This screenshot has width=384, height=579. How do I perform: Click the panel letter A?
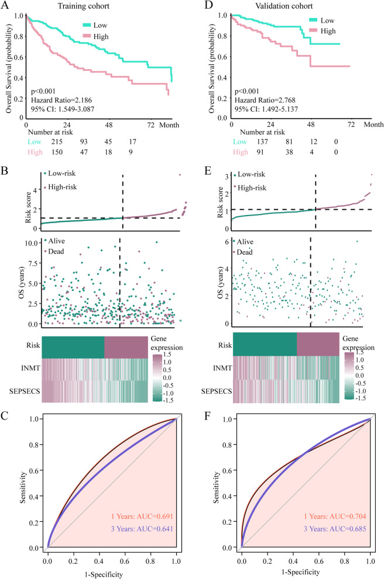click(x=6, y=7)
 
